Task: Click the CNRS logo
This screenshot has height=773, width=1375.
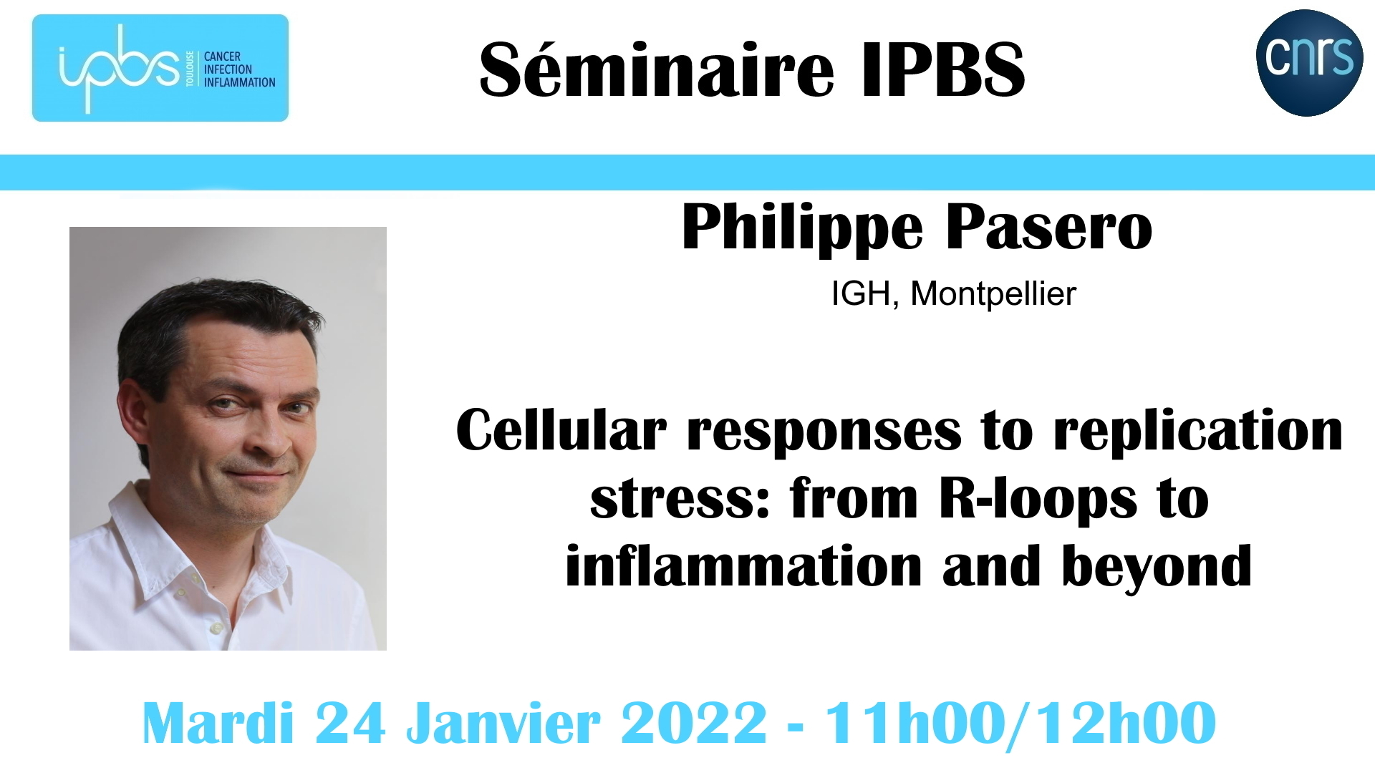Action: point(1309,62)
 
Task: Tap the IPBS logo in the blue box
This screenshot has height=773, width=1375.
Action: point(160,68)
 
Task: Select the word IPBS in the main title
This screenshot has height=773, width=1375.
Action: point(943,69)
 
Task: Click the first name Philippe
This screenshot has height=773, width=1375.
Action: point(802,228)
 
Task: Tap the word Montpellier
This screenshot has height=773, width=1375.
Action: point(993,293)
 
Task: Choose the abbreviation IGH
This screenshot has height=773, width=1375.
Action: point(861,293)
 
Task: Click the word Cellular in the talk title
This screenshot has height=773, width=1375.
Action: point(561,430)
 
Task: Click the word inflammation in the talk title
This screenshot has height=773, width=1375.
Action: point(743,565)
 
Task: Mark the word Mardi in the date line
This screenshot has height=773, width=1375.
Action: point(218,723)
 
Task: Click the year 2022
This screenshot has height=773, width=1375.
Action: point(694,723)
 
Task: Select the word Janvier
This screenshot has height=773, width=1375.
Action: point(503,723)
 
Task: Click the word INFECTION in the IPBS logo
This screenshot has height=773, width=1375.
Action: point(228,69)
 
